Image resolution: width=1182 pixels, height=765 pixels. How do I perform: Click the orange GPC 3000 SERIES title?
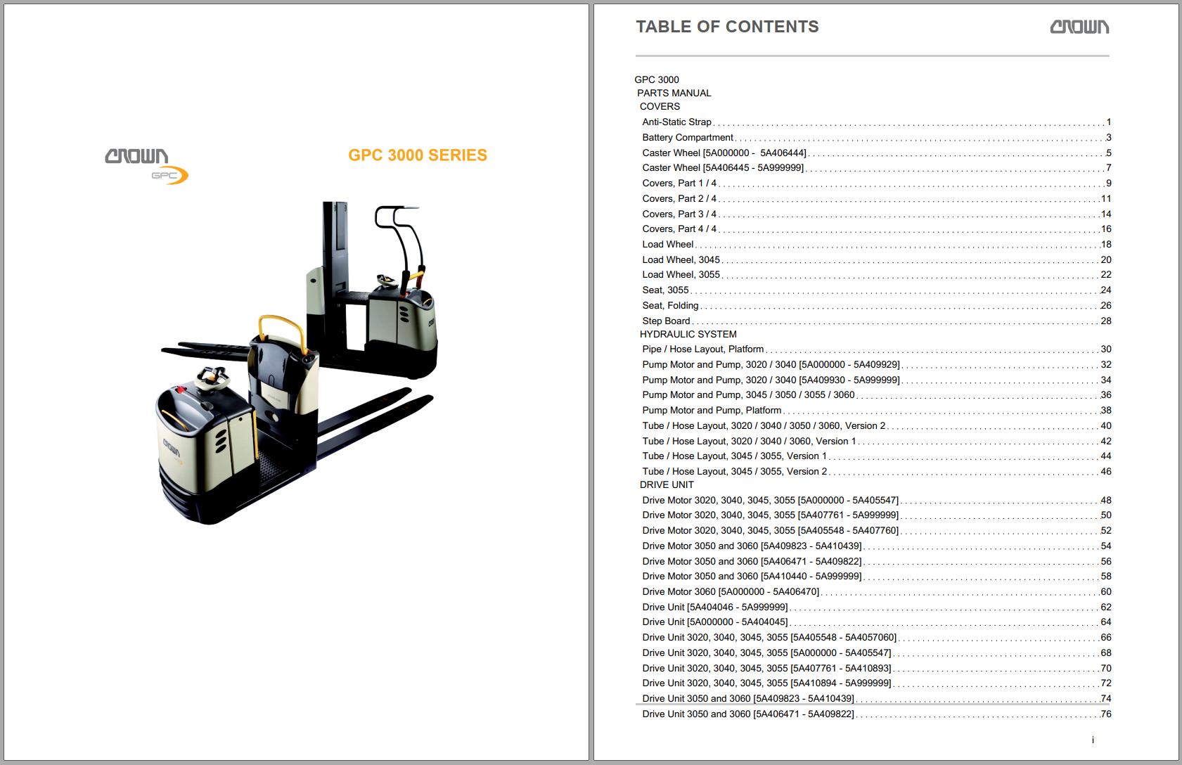pyautogui.click(x=418, y=155)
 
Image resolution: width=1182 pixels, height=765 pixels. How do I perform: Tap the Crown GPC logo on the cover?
pyautogui.click(x=146, y=165)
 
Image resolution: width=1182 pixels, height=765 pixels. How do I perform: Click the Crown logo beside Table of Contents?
pyautogui.click(x=1079, y=27)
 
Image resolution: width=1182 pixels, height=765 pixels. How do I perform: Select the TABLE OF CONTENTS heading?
pyautogui.click(x=727, y=27)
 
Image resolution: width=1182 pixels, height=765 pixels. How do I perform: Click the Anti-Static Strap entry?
pyautogui.click(x=676, y=122)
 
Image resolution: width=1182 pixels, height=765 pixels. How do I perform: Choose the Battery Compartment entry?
pyautogui.click(x=687, y=138)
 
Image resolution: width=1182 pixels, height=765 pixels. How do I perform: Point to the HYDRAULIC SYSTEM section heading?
pyautogui.click(x=688, y=335)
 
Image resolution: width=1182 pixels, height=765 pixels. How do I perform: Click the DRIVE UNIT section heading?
pyautogui.click(x=666, y=485)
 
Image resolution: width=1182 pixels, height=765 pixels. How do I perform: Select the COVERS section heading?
pyautogui.click(x=660, y=107)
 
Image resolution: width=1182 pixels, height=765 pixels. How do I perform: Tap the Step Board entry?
pyautogui.click(x=666, y=321)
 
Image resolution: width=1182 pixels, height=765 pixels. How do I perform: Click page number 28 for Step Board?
pyautogui.click(x=1105, y=321)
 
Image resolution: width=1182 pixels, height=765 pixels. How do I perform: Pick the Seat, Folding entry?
pyautogui.click(x=670, y=306)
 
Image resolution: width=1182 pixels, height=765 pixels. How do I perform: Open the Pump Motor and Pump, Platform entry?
pyautogui.click(x=712, y=411)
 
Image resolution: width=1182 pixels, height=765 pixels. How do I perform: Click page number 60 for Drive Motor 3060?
pyautogui.click(x=1105, y=592)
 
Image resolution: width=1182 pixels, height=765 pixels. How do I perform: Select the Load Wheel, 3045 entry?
pyautogui.click(x=681, y=260)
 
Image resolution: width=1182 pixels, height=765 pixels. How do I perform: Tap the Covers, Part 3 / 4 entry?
pyautogui.click(x=679, y=214)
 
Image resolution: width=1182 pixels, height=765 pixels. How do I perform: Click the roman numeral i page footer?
pyautogui.click(x=1093, y=740)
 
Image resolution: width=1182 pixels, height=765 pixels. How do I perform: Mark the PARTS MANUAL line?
pyautogui.click(x=674, y=94)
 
